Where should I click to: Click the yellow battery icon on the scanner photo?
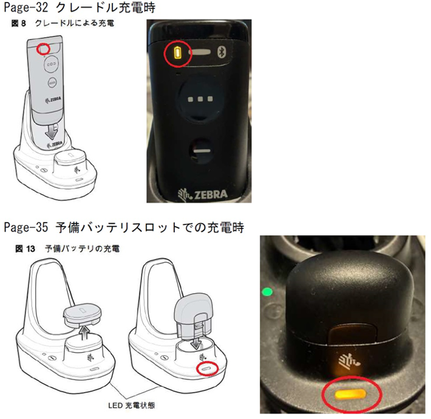[x=178, y=52]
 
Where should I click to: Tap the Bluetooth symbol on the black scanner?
[x=222, y=52]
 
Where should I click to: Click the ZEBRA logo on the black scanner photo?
[x=203, y=195]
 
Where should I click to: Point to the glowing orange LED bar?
[x=350, y=393]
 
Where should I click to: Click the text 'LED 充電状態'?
[x=131, y=405]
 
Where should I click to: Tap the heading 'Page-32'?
[x=26, y=7]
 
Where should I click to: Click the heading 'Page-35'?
[x=26, y=227]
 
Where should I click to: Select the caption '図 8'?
[x=18, y=24]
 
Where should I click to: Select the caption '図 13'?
[x=25, y=249]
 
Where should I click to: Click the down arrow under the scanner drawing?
[x=52, y=132]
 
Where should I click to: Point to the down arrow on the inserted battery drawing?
[x=195, y=341]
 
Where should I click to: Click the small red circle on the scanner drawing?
[x=43, y=49]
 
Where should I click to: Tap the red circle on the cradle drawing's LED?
[x=208, y=369]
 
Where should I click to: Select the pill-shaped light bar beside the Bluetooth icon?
[x=200, y=52]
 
